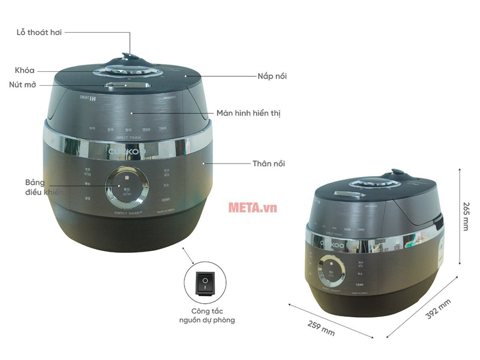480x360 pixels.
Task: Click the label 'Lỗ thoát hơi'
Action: [x=39, y=33]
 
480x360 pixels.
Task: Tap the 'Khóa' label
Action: [x=25, y=71]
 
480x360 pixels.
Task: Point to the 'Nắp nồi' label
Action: [x=272, y=76]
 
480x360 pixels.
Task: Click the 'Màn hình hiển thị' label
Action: [x=248, y=113]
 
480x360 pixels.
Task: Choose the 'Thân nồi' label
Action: [x=269, y=164]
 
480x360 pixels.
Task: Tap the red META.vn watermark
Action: [x=252, y=207]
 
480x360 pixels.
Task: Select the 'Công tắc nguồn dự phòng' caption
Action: [x=207, y=316]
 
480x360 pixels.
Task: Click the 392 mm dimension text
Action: [x=438, y=309]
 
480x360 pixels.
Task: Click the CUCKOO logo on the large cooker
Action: [x=127, y=152]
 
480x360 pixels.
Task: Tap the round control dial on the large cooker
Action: [x=127, y=187]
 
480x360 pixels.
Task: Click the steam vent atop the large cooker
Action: [x=128, y=56]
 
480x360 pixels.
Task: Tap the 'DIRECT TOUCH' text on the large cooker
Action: [x=129, y=138]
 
